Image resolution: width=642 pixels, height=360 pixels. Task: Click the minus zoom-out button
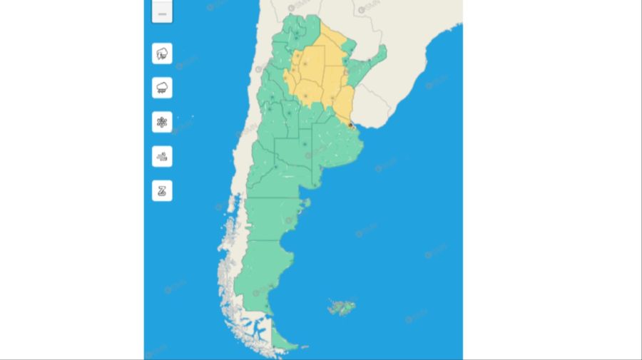pyautogui.click(x=162, y=14)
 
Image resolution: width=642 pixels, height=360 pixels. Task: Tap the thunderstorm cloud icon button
pyautogui.click(x=162, y=53)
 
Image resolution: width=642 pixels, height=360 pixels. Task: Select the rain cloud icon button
pyautogui.click(x=162, y=88)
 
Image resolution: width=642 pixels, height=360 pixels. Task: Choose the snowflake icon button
pyautogui.click(x=162, y=122)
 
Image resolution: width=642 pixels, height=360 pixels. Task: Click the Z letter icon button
pyautogui.click(x=162, y=190)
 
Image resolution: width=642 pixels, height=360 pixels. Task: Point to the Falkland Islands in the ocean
pyautogui.click(x=340, y=308)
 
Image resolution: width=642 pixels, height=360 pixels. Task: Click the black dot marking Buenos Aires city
pyautogui.click(x=351, y=125)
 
